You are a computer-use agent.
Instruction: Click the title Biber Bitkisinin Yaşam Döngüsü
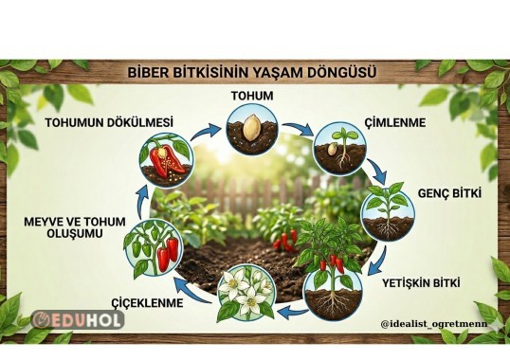point(254,72)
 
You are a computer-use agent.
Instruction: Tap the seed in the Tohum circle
point(252,127)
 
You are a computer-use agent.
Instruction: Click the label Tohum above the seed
point(252,96)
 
